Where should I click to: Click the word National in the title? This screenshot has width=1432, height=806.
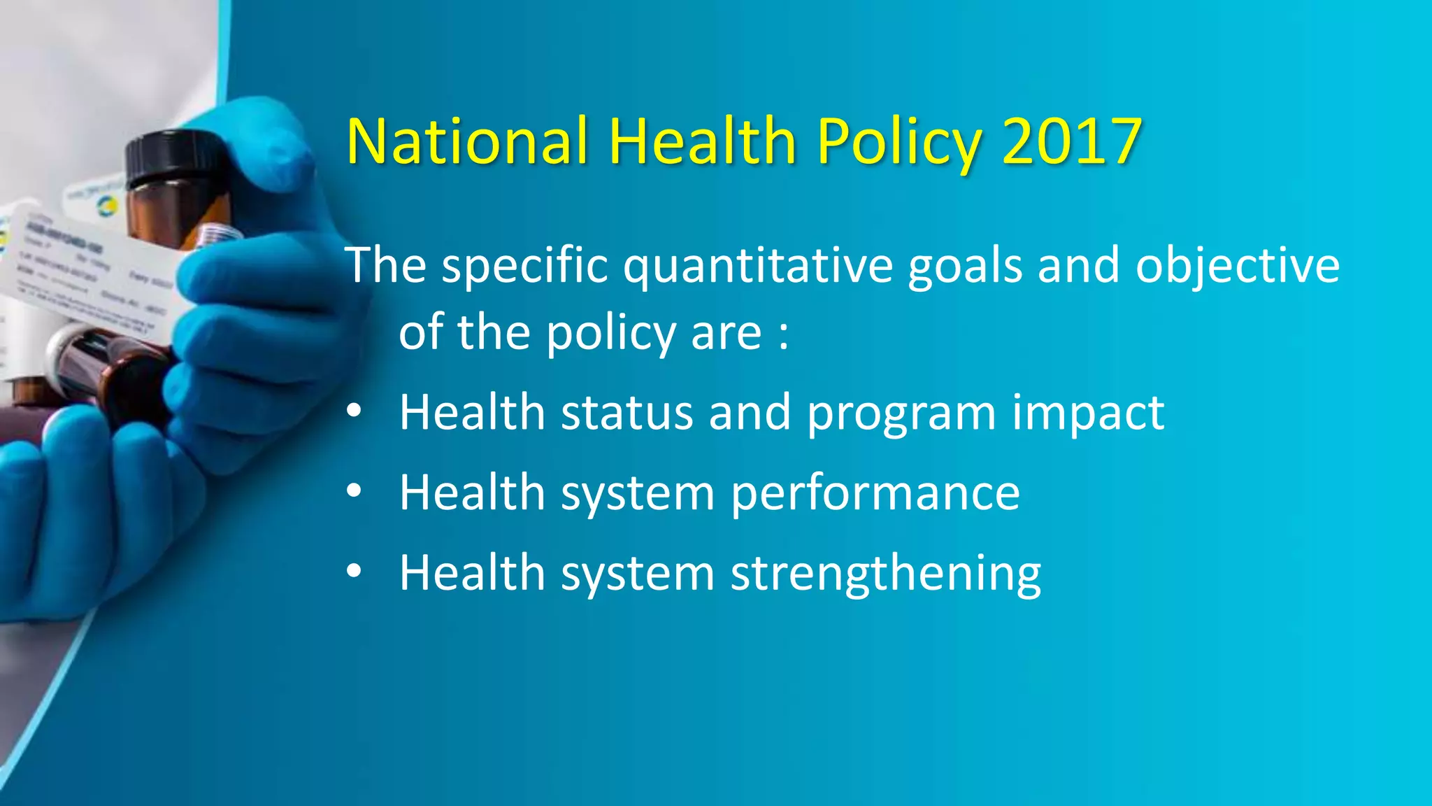coord(466,141)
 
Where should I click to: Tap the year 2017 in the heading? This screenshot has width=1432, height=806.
coord(1072,141)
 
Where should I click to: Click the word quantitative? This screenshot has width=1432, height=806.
coord(758,267)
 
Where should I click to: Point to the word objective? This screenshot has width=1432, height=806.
coord(1237,267)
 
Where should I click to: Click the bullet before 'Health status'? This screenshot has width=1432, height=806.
coord(354,412)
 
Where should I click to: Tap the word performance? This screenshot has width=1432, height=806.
coord(875,493)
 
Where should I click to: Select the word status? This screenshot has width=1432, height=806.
coord(626,412)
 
